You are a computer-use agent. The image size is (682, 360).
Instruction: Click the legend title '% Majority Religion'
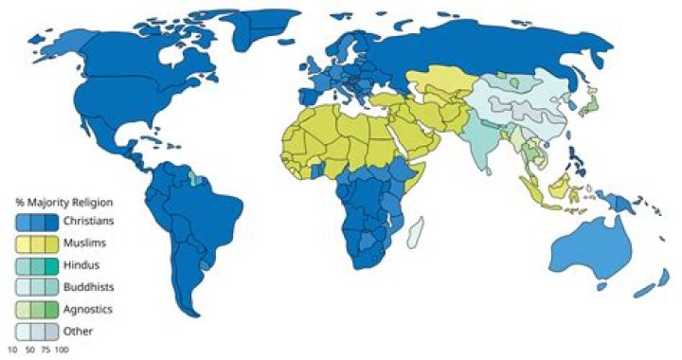[x=64, y=202]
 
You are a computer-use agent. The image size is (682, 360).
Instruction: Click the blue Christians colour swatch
[x=36, y=222]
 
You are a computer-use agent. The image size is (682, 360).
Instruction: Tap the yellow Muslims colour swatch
[x=36, y=243]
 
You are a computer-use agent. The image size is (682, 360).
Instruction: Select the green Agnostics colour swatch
[x=36, y=310]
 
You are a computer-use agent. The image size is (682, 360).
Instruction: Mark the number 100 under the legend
[x=62, y=351]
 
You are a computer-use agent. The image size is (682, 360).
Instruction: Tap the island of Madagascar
[x=414, y=232]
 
